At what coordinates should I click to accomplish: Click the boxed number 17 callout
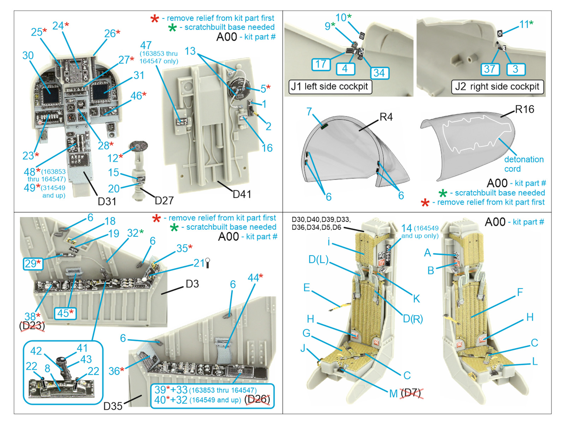(321, 64)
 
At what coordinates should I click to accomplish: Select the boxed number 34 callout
(379, 73)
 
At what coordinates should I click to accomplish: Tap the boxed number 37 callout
(490, 69)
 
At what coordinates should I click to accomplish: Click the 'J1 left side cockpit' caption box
(330, 87)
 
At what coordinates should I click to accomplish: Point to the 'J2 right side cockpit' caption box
(497, 87)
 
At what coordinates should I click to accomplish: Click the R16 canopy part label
(524, 110)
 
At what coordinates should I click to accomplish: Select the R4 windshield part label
(386, 117)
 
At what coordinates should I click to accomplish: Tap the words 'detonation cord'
(524, 164)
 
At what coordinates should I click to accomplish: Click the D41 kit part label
(242, 194)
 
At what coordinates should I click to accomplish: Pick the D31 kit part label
(107, 201)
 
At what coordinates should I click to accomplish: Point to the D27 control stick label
(164, 201)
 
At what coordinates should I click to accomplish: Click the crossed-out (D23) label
(32, 326)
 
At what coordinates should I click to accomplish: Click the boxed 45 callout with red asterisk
(65, 313)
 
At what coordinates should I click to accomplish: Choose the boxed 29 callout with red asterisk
(33, 263)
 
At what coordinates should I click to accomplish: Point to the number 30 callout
(28, 55)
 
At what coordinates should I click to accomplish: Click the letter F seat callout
(520, 292)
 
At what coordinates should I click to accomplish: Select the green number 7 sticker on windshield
(325, 126)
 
